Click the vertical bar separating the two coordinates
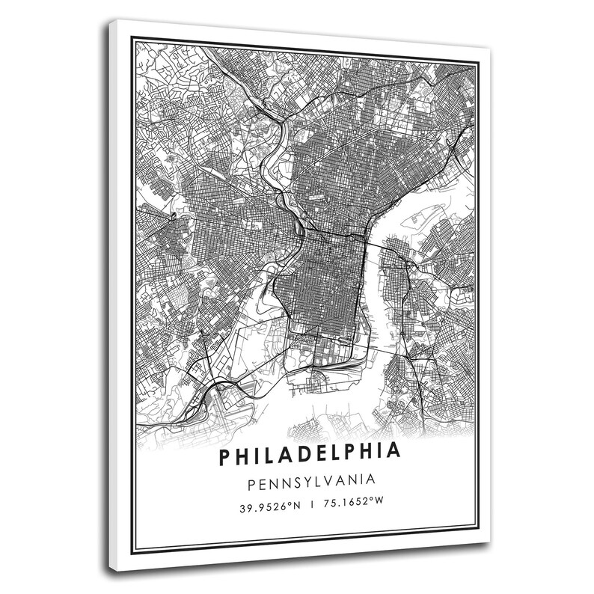click(x=309, y=506)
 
